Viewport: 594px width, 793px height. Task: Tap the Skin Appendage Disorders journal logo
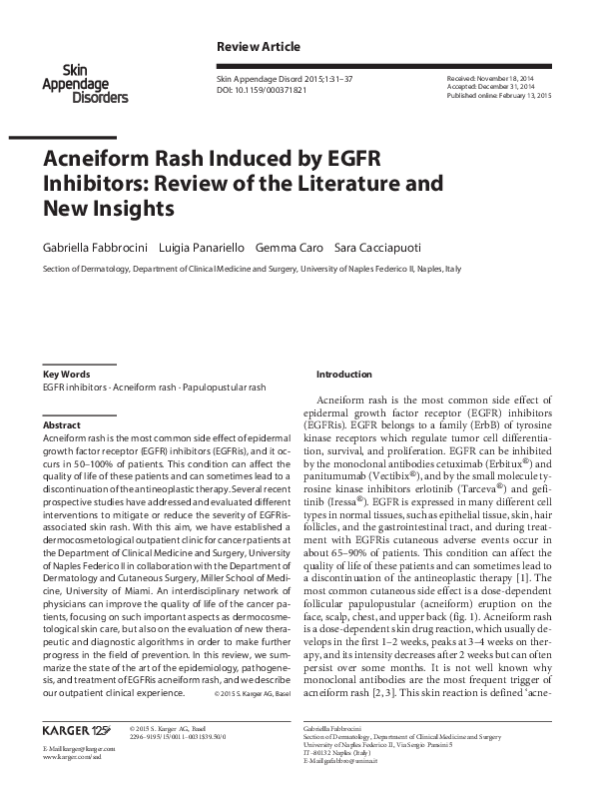(84, 84)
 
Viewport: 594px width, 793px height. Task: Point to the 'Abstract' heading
(61, 425)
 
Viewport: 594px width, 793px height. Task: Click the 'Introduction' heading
(343, 374)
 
